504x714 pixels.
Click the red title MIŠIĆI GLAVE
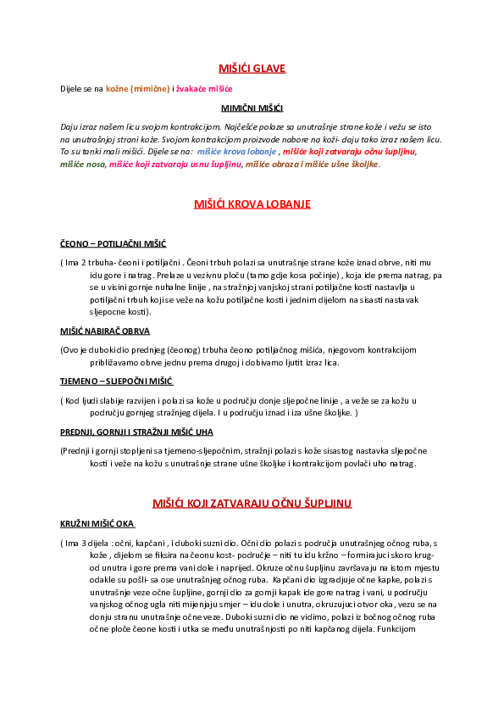click(x=252, y=69)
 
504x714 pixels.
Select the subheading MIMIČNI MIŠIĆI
click(x=252, y=109)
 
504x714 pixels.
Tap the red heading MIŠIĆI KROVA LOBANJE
click(x=252, y=204)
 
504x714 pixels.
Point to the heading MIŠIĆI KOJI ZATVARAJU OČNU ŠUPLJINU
click(x=252, y=504)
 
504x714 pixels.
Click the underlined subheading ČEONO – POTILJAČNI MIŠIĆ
click(x=114, y=243)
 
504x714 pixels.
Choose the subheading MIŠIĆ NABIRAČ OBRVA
click(x=105, y=332)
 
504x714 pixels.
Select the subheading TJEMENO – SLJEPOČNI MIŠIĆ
click(x=116, y=382)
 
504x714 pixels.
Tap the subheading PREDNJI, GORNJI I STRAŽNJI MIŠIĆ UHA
click(x=136, y=432)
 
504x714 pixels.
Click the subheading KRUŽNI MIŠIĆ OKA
click(x=97, y=524)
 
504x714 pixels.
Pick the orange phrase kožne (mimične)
click(x=137, y=88)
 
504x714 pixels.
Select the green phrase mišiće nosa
click(x=83, y=164)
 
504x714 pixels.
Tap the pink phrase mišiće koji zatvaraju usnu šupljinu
click(x=175, y=164)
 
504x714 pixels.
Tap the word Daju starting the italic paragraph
click(x=69, y=126)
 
